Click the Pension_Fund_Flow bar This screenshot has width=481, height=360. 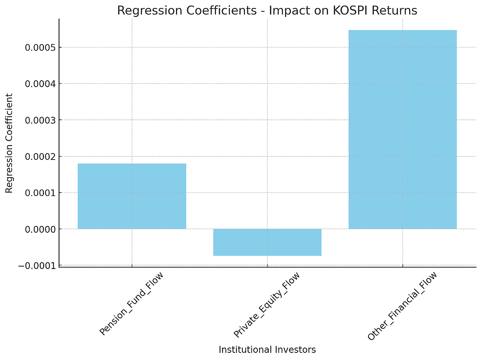(132, 196)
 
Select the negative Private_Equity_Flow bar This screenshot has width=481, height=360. (267, 242)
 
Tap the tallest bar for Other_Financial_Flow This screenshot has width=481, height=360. (402, 130)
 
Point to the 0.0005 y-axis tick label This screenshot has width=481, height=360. (40, 48)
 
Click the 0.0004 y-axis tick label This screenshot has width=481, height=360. (40, 84)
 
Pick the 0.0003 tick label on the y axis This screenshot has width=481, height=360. (40, 120)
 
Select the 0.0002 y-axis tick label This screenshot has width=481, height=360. (40, 157)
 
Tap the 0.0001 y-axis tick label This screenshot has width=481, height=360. (40, 193)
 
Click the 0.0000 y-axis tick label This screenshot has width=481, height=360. (40, 229)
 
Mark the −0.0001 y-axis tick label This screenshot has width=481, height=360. (37, 266)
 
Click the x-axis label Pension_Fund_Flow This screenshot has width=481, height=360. (132, 304)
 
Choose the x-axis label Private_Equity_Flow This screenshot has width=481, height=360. (267, 305)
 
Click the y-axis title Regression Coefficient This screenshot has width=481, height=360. (9, 143)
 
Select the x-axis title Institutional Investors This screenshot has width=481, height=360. (267, 350)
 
